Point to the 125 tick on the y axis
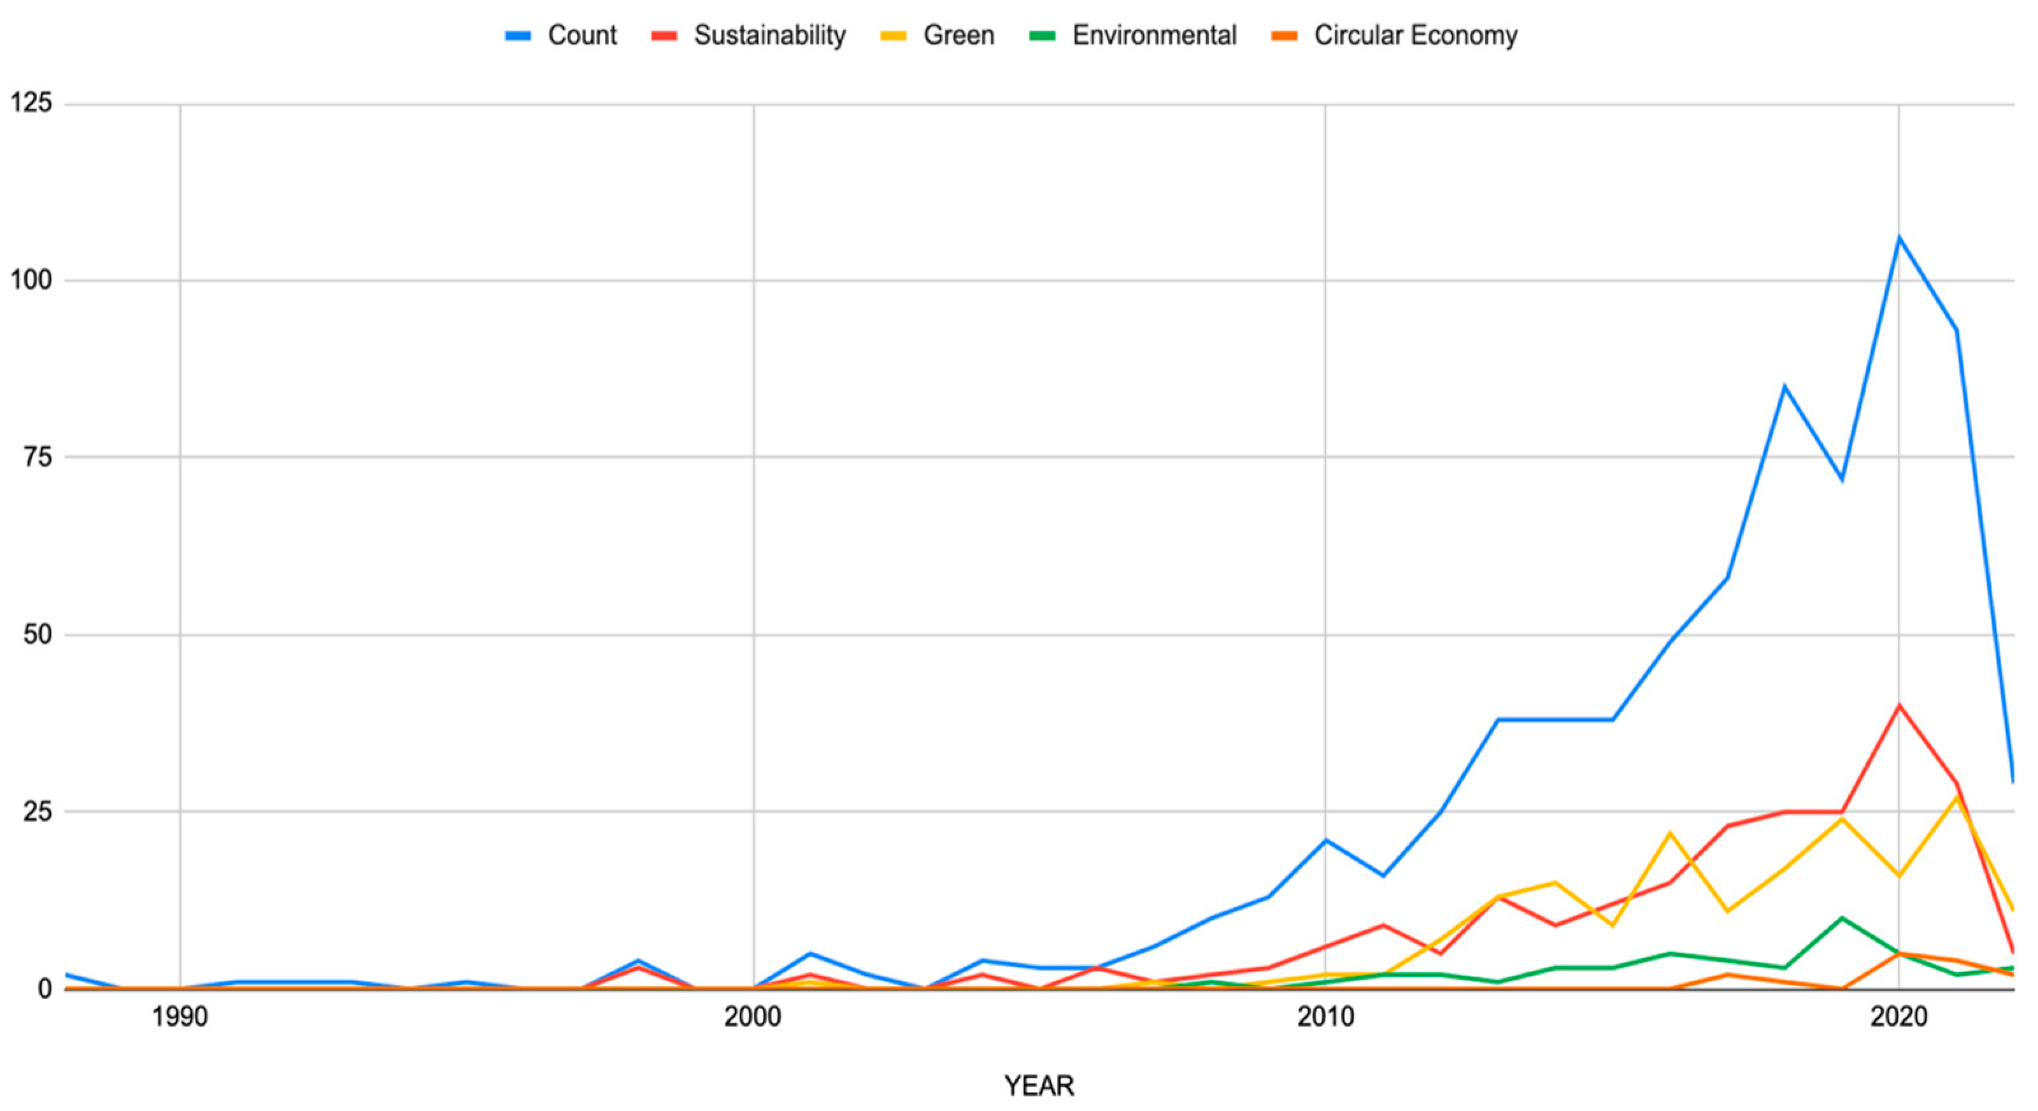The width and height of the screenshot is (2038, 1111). (x=32, y=103)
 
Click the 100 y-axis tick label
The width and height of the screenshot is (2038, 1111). (x=32, y=280)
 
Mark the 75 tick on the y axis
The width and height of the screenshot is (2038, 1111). (x=38, y=457)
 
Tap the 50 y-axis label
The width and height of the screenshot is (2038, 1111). (x=38, y=634)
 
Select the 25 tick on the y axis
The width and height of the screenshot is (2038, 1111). (x=38, y=812)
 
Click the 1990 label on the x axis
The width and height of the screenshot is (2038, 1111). (x=180, y=1017)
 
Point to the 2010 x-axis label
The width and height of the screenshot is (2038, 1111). (x=1325, y=1017)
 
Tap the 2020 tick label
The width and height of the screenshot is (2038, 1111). (x=1898, y=1017)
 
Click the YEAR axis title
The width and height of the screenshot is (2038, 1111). (x=1039, y=1086)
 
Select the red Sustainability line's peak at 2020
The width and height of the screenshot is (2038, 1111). (x=1899, y=705)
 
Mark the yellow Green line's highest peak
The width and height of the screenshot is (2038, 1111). (x=1956, y=798)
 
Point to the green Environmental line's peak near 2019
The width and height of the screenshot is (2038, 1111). (x=1842, y=918)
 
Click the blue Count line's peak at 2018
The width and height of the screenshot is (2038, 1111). (x=1784, y=386)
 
